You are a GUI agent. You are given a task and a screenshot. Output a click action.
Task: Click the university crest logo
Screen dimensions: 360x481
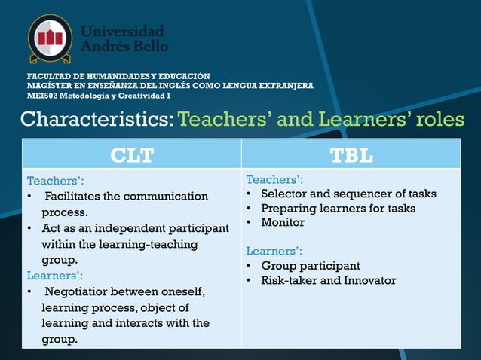tap(50, 38)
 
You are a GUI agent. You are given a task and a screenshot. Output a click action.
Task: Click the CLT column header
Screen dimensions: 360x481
tap(132, 155)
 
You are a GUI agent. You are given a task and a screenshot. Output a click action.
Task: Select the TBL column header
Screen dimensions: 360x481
tap(351, 155)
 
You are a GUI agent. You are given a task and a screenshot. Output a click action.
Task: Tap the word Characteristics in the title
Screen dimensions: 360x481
tap(96, 120)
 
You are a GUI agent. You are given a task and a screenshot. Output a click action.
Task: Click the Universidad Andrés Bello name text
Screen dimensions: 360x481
tap(124, 38)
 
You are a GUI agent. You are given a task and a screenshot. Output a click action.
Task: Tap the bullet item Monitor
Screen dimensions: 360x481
tap(283, 222)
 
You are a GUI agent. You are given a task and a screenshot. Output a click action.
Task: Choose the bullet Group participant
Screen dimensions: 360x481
tap(310, 266)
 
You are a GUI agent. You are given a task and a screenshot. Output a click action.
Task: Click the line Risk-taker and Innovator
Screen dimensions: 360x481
tap(328, 280)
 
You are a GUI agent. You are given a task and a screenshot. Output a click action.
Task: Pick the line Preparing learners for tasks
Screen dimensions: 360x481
tap(338, 208)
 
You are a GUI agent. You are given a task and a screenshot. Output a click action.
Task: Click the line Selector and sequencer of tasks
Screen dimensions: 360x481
tap(348, 194)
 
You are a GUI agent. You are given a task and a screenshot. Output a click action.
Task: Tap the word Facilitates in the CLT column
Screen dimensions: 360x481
tap(74, 197)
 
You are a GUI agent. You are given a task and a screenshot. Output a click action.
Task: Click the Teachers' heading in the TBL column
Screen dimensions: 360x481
tap(274, 179)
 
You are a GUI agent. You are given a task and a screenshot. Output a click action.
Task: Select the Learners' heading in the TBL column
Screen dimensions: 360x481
tap(274, 251)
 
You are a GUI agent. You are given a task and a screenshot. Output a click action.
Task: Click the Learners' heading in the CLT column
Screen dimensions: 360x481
tap(55, 276)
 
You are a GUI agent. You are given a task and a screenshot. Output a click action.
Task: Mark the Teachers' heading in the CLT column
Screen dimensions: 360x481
tap(55, 181)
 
